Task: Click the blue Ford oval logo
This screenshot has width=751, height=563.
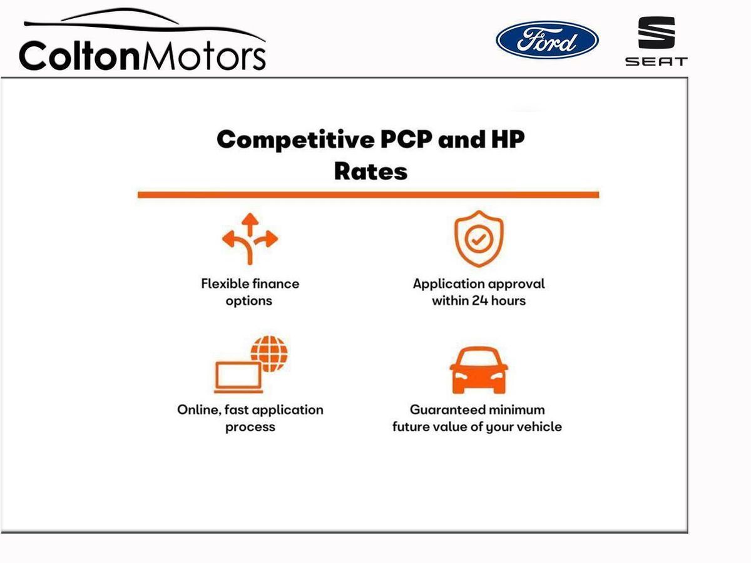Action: click(547, 40)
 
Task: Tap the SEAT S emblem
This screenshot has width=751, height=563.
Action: click(656, 33)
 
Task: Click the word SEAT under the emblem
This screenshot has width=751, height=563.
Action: click(656, 61)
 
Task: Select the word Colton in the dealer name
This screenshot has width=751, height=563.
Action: click(79, 56)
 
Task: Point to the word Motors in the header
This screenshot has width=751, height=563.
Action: click(204, 56)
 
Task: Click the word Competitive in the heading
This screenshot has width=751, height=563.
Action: click(295, 140)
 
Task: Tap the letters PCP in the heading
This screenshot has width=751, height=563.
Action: click(406, 139)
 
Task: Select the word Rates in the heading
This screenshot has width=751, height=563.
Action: click(371, 171)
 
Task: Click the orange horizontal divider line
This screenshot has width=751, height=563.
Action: click(368, 195)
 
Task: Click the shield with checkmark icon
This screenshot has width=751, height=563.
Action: click(479, 238)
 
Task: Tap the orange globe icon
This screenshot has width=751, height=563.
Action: click(269, 354)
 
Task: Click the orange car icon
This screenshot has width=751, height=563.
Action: click(479, 370)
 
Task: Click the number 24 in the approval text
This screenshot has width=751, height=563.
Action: click(479, 301)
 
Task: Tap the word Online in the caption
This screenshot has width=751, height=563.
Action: click(199, 410)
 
